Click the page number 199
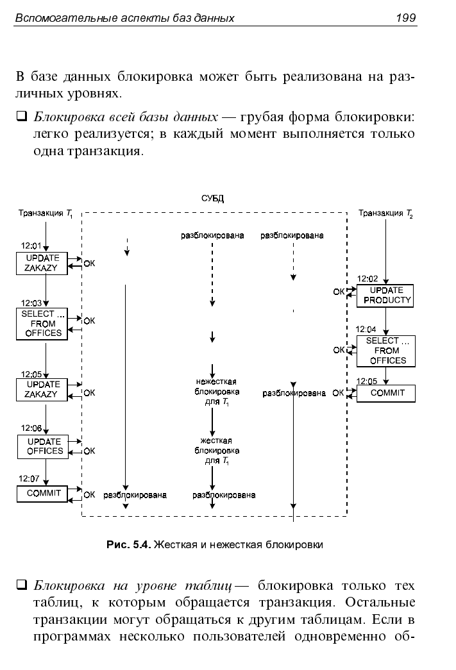tap(405, 17)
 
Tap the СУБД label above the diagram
tap(212, 199)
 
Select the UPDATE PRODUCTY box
tap(385, 296)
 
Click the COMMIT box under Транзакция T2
tap(386, 393)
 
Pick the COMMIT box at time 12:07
tap(42, 494)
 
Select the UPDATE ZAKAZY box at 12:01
tap(42, 264)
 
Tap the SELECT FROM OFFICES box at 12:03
tap(42, 324)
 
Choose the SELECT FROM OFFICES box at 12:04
tap(386, 351)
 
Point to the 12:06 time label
tap(31, 428)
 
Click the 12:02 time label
tap(367, 279)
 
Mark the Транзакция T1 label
tap(46, 214)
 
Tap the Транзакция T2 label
tap(385, 214)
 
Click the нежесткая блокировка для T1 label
tap(217, 392)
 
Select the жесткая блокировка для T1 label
tap(217, 451)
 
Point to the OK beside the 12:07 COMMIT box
tap(89, 495)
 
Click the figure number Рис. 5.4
tap(129, 545)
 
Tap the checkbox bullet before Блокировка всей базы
tap(21, 116)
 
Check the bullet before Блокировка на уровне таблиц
tap(21, 585)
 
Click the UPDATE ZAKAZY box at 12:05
tap(42, 390)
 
